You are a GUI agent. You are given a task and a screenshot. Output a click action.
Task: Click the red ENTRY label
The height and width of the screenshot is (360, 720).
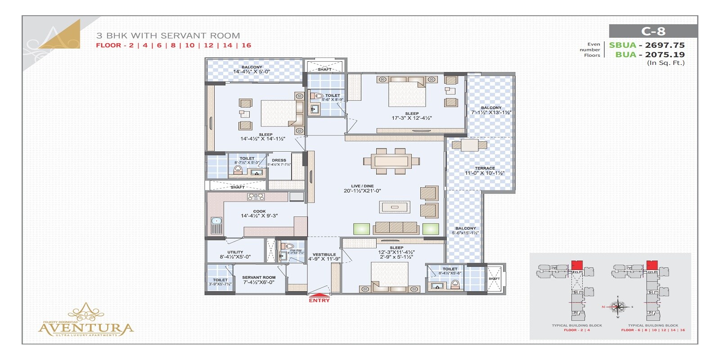pos(319,300)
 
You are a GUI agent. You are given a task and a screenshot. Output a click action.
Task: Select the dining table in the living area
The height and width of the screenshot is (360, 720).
pos(391,161)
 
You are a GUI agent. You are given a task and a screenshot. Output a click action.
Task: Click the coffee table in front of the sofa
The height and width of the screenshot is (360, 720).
pos(395,207)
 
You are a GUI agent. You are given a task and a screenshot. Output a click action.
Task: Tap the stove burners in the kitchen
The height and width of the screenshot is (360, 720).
pos(256,197)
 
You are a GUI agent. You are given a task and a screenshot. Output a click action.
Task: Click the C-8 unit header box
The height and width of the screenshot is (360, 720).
pos(653,31)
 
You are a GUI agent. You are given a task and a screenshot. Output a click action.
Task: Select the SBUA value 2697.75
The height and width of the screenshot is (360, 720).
pos(665,45)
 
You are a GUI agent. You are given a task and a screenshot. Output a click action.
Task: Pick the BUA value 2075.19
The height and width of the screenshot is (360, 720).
pos(665,54)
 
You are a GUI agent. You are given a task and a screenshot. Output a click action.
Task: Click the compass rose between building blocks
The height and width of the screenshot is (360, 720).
pos(619,307)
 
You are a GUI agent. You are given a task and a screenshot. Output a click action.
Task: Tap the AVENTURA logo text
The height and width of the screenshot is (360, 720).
pos(86,328)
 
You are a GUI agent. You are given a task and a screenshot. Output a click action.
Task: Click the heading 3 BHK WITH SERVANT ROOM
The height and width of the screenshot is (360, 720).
pos(168,36)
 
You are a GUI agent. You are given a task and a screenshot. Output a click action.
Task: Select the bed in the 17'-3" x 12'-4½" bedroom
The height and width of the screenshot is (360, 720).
pos(407,92)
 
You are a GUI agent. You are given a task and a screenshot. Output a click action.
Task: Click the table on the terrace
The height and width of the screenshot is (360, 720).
pos(469,145)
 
